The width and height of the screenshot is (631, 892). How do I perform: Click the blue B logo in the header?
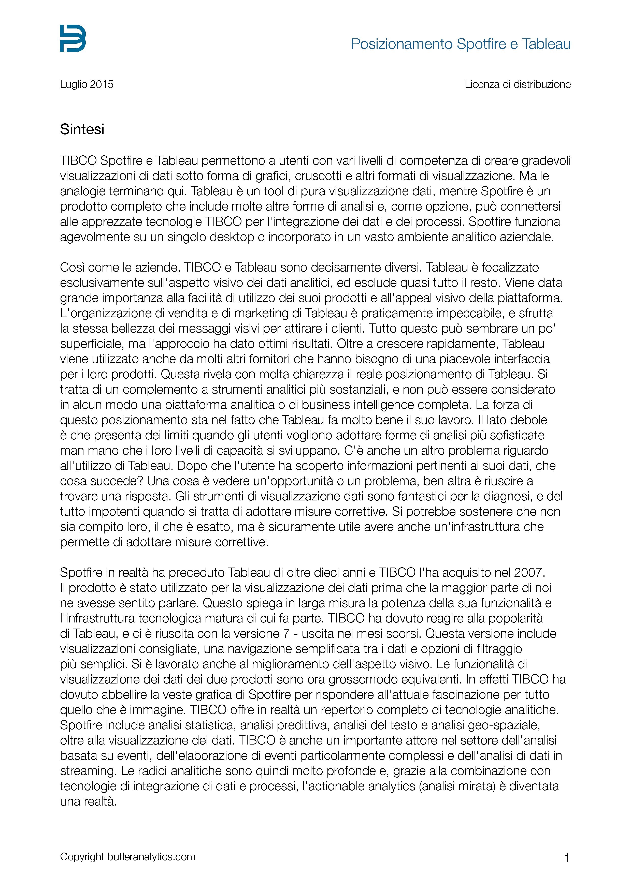pos(73,38)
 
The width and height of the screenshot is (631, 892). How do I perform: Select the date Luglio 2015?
pos(87,84)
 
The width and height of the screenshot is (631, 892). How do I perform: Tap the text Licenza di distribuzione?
pos(518,84)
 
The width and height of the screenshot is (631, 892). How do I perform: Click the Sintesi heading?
pos(82,129)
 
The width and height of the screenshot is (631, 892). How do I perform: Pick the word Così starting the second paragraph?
pos(72,267)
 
